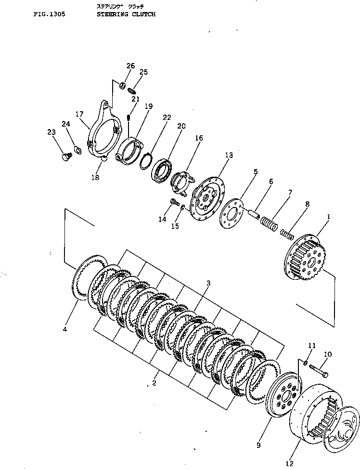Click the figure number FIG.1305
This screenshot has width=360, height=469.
[50, 14]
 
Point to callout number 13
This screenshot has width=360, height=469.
[228, 155]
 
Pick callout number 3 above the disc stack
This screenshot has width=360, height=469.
[208, 284]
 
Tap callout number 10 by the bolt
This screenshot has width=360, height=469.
[327, 355]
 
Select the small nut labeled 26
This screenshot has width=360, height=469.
[123, 86]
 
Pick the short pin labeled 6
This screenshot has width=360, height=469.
[254, 211]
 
